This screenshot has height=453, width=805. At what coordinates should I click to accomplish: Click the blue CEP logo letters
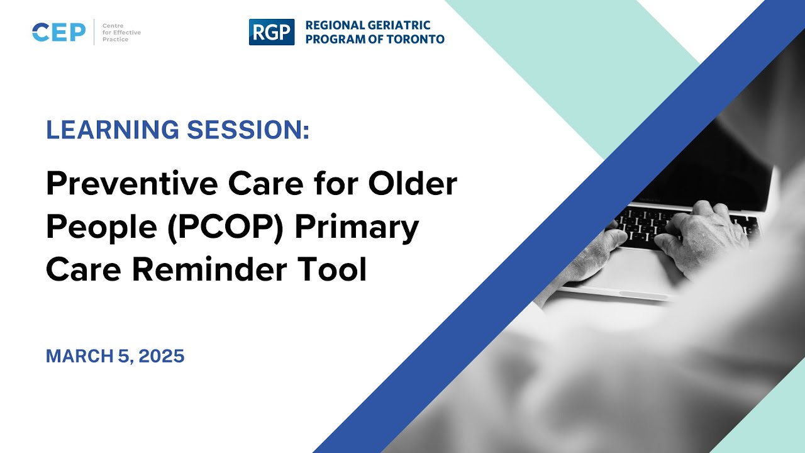point(58,32)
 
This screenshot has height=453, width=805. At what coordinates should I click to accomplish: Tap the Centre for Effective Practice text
point(117,31)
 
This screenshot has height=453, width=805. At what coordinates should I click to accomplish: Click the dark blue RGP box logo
point(271,32)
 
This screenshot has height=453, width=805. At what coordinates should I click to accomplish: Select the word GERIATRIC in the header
point(399,25)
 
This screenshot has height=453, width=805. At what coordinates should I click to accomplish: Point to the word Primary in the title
point(357,227)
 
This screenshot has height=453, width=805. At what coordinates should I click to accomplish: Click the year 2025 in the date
point(162,356)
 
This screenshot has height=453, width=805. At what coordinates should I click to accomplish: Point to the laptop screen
point(704,170)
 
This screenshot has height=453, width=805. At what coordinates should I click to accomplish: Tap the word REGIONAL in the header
point(335,25)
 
